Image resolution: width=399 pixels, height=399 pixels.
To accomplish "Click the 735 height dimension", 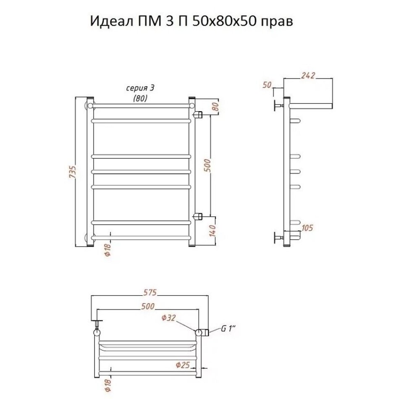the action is [73, 172].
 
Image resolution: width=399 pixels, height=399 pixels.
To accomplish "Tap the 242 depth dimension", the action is [308, 75].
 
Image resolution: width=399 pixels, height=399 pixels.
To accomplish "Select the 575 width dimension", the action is [150, 293].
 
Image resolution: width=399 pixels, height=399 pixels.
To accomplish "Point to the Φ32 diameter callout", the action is [168, 318].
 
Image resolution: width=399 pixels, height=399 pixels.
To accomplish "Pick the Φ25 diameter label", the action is [183, 365].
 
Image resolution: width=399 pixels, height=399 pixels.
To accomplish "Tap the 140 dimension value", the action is [213, 230].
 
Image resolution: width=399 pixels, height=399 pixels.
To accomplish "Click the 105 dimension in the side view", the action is [307, 228].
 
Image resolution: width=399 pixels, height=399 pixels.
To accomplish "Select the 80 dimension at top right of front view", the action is [215, 106].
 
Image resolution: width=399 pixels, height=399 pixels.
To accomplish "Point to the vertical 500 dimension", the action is [207, 165].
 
